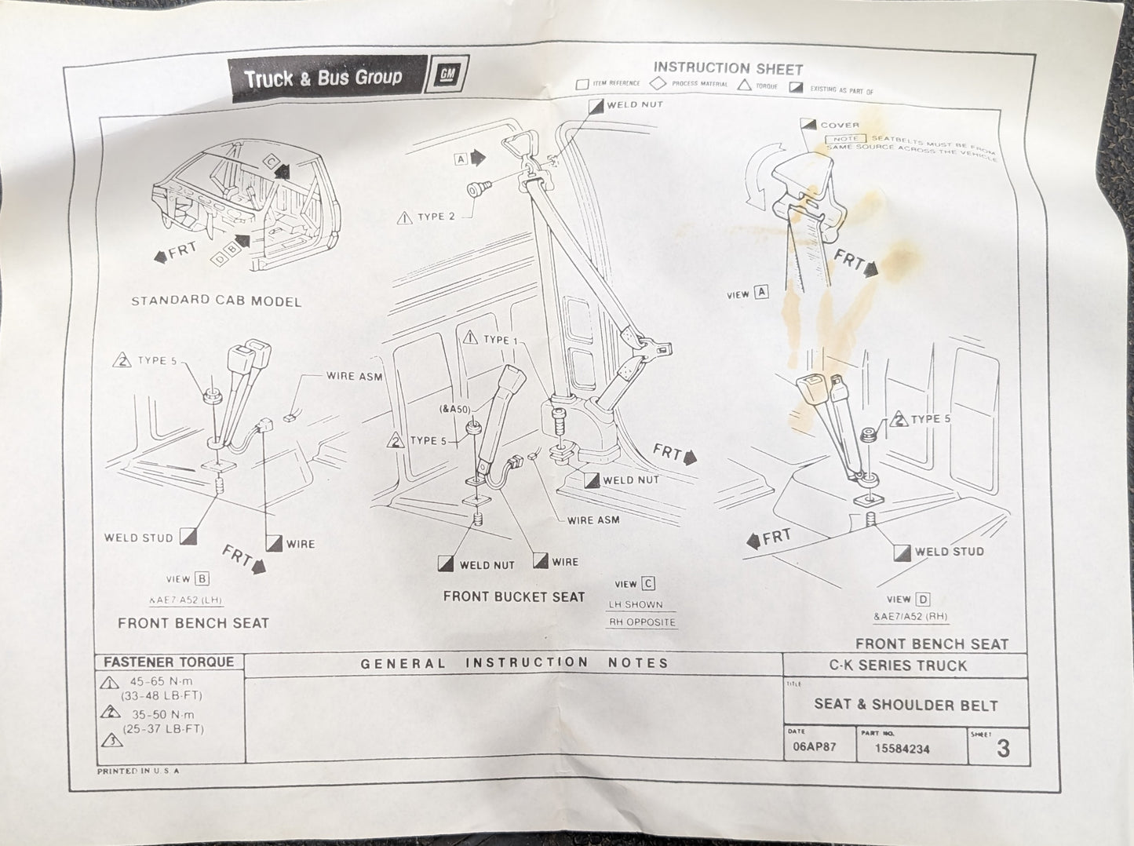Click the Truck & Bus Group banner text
(x=323, y=78)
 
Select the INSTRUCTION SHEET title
(x=727, y=68)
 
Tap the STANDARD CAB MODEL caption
(x=216, y=301)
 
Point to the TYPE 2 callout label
(x=436, y=217)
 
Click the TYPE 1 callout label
(x=500, y=339)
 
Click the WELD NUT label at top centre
(x=634, y=104)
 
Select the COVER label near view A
(x=840, y=125)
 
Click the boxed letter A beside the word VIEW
(x=760, y=293)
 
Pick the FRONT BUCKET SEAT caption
(x=514, y=596)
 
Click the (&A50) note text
(x=455, y=409)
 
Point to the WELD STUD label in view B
(x=138, y=538)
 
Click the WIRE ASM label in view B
(x=354, y=376)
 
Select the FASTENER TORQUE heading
(x=169, y=662)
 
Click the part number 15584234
(x=902, y=749)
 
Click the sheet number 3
(x=1002, y=748)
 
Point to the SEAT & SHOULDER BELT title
(x=906, y=704)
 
